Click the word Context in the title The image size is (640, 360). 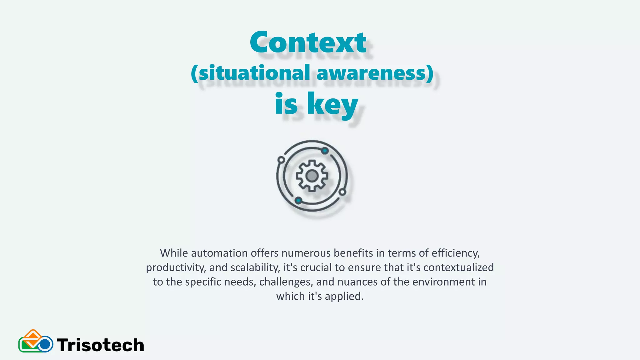[308, 42]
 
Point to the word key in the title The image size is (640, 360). [332, 103]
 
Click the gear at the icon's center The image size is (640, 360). [312, 176]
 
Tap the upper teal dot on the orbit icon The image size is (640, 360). [325, 151]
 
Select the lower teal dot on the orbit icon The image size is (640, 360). [298, 200]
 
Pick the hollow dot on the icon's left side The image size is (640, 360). [281, 160]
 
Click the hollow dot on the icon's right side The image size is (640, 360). [342, 192]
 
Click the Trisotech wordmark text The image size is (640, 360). [100, 345]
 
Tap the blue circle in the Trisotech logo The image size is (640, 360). [46, 344]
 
